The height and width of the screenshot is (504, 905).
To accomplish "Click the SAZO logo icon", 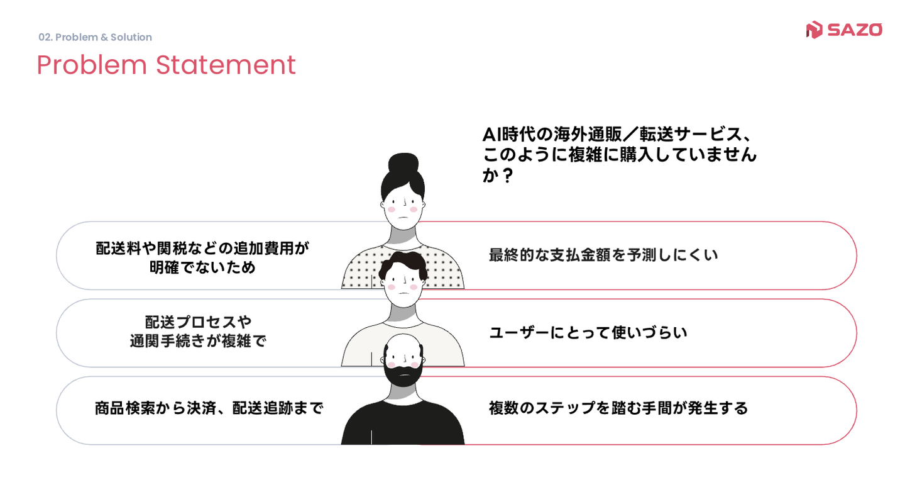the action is (x=814, y=30).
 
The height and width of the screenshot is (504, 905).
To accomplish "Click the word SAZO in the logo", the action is (x=855, y=30).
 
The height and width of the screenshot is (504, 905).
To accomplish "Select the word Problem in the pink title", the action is (x=92, y=65).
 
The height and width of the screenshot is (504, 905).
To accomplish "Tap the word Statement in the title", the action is (x=226, y=65).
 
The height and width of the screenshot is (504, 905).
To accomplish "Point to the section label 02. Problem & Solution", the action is (x=95, y=37).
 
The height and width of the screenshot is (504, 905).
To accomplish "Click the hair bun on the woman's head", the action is (x=403, y=162).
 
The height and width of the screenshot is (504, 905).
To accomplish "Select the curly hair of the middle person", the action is (x=403, y=264).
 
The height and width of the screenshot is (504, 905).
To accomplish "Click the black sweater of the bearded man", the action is (x=403, y=425).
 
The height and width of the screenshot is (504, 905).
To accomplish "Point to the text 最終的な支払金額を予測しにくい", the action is (x=603, y=255).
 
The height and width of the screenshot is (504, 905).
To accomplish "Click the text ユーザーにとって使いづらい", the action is (x=588, y=333).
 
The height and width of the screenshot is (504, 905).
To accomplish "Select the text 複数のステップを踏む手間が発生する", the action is (x=618, y=408).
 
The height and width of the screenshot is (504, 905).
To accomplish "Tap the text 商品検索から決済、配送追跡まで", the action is (x=209, y=408).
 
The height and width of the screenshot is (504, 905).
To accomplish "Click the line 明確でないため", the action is (x=202, y=267).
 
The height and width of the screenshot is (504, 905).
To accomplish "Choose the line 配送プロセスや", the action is (x=199, y=322).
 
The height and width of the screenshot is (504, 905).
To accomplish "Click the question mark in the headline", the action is (x=508, y=176).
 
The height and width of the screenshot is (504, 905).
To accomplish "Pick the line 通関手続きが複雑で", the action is (x=199, y=342).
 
